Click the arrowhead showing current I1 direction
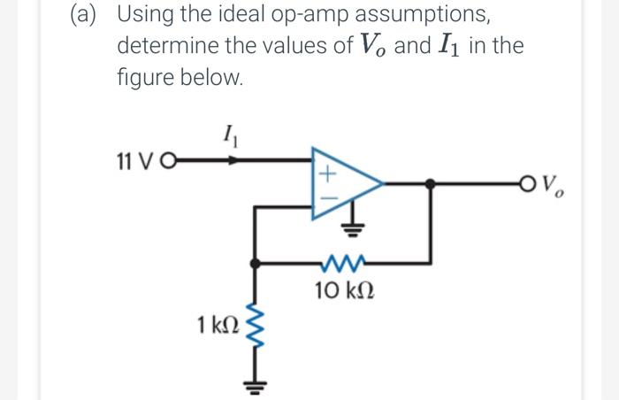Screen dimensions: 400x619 pyautogui.click(x=233, y=162)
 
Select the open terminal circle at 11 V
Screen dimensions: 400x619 pyautogui.click(x=168, y=162)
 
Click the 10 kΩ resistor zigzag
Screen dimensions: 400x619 pyautogui.click(x=341, y=263)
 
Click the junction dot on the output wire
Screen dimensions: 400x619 pyautogui.click(x=430, y=184)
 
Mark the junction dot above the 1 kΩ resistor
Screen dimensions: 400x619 pyautogui.click(x=256, y=263)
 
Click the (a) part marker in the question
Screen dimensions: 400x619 pyautogui.click(x=87, y=15)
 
